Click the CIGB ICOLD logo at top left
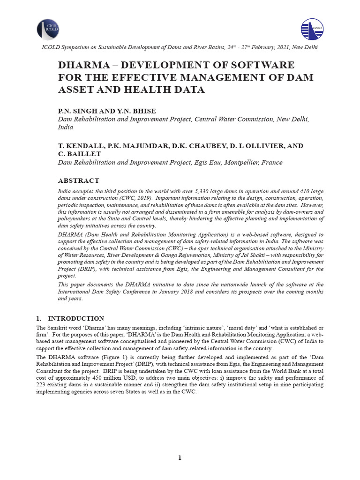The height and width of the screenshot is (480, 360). [48, 29]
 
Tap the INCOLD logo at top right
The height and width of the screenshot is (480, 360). [312, 29]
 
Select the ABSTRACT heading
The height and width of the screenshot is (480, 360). [78, 180]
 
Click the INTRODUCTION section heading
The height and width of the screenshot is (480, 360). [76, 318]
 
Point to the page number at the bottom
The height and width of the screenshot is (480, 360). [180, 458]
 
